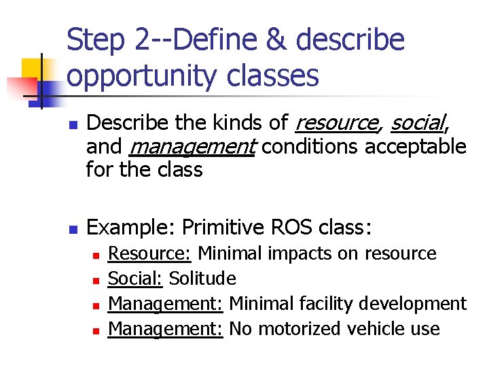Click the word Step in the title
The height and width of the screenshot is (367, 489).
(x=94, y=40)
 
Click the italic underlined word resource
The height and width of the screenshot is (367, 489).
(x=337, y=123)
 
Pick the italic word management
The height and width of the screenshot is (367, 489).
(x=191, y=146)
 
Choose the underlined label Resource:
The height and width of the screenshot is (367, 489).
(x=150, y=254)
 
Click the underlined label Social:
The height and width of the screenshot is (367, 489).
(x=136, y=279)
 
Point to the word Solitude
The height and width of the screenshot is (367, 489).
(x=202, y=279)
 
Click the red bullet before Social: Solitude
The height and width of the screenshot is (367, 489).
(x=96, y=280)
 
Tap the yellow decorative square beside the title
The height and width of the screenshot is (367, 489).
(x=34, y=69)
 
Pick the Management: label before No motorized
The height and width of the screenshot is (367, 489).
(x=166, y=329)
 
